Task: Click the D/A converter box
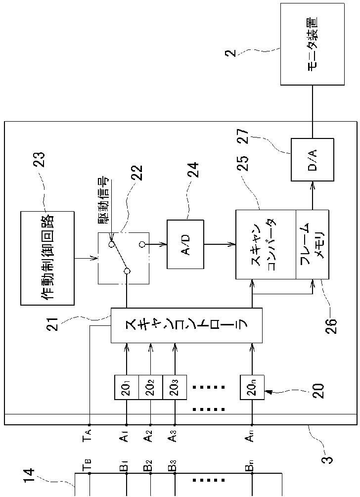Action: (x=312, y=160)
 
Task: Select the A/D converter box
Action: (x=185, y=244)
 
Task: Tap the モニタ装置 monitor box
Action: (x=313, y=44)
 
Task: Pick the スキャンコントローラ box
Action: (x=186, y=325)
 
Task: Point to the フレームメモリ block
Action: (x=313, y=244)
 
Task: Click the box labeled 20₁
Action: (x=126, y=387)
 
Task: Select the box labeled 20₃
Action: (x=175, y=387)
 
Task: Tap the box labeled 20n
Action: (x=252, y=387)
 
